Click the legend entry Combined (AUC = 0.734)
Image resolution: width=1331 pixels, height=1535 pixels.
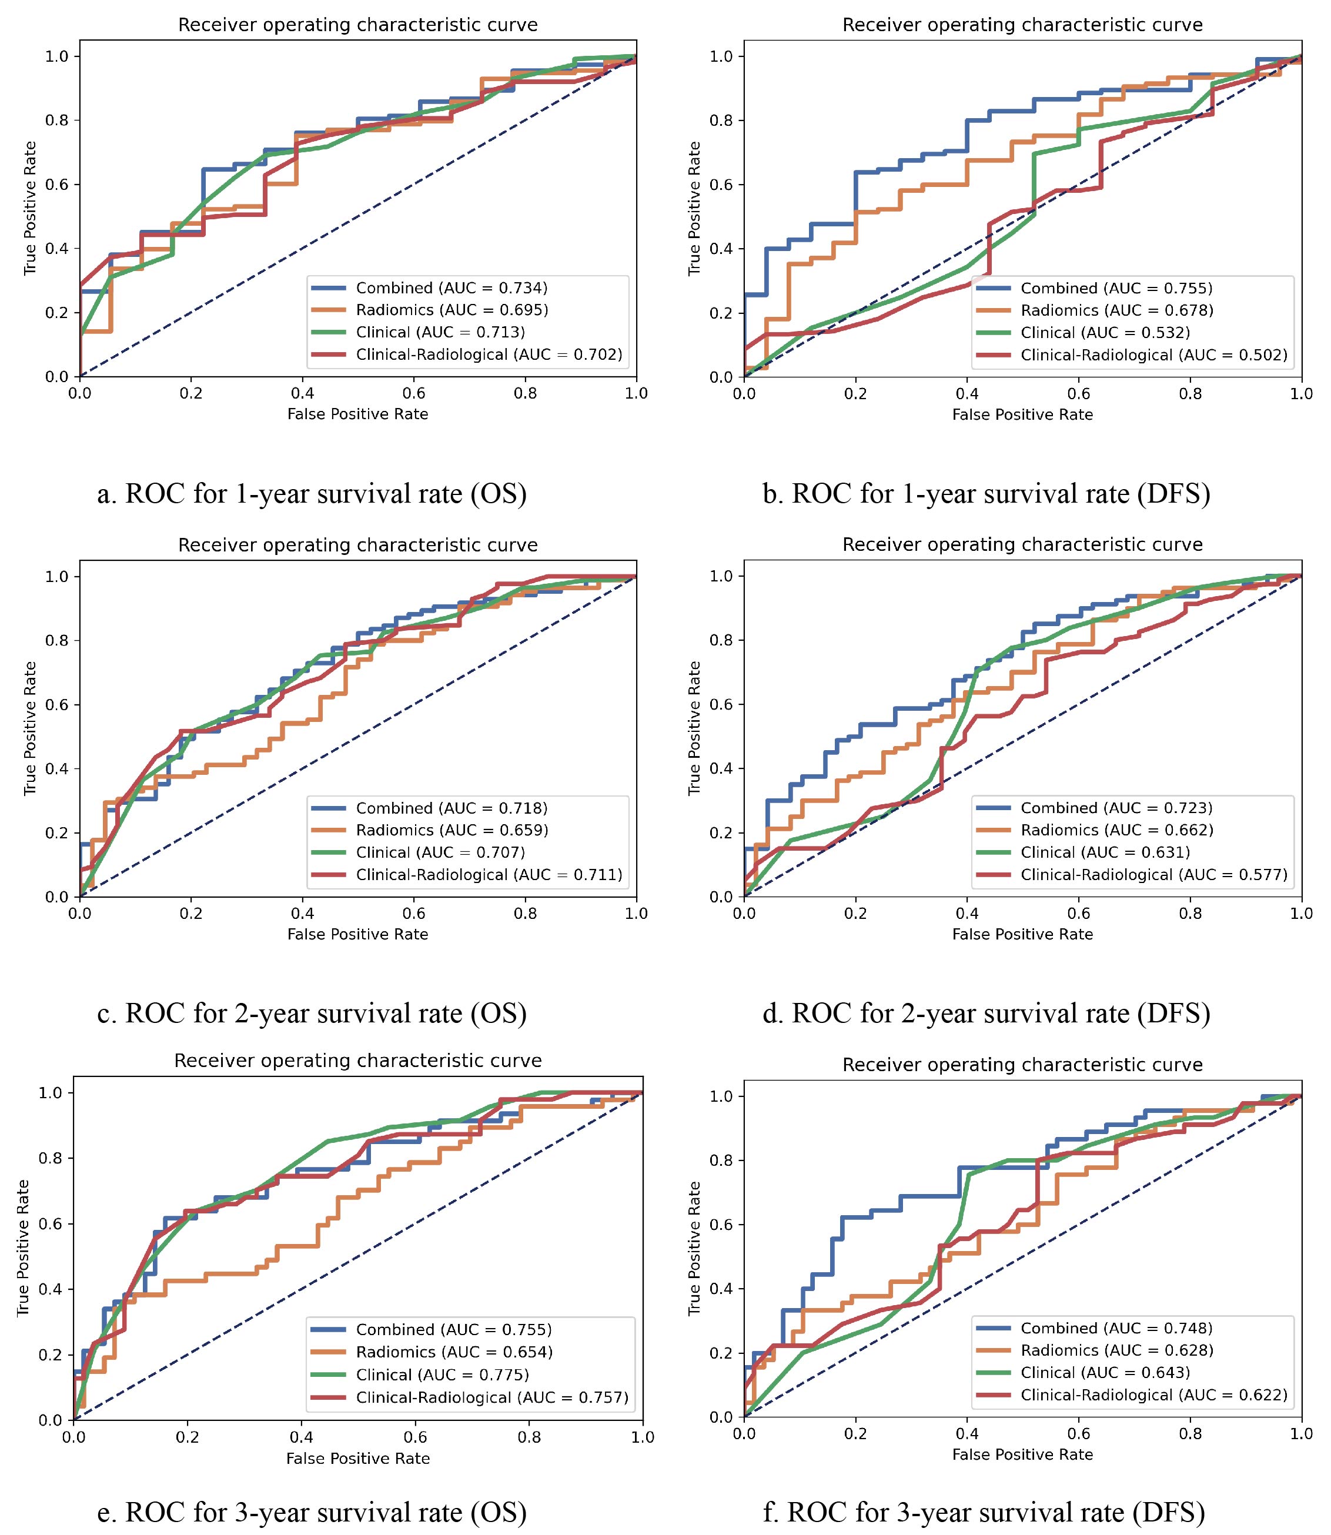(x=451, y=288)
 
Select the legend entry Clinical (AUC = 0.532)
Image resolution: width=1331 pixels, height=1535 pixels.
(x=1105, y=333)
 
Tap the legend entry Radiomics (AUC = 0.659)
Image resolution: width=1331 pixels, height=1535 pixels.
(x=451, y=830)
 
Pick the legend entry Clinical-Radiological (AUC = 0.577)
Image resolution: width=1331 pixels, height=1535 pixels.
(x=1153, y=875)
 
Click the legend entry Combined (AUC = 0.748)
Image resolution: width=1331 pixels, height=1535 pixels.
(x=1116, y=1328)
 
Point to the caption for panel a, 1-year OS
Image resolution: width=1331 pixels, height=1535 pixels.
(x=312, y=493)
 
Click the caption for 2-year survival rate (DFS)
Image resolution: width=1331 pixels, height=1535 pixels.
(x=986, y=1013)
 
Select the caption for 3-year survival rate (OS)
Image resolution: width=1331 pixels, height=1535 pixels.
(x=312, y=1512)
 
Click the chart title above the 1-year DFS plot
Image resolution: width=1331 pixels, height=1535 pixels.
(x=1022, y=25)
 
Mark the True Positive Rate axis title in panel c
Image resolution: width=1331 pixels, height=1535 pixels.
(x=31, y=728)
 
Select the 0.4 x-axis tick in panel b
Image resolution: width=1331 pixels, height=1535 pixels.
(x=967, y=393)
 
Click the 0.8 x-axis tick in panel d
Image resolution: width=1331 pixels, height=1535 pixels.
(x=1190, y=914)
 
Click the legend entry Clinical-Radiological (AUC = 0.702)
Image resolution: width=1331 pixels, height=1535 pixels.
(x=488, y=355)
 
